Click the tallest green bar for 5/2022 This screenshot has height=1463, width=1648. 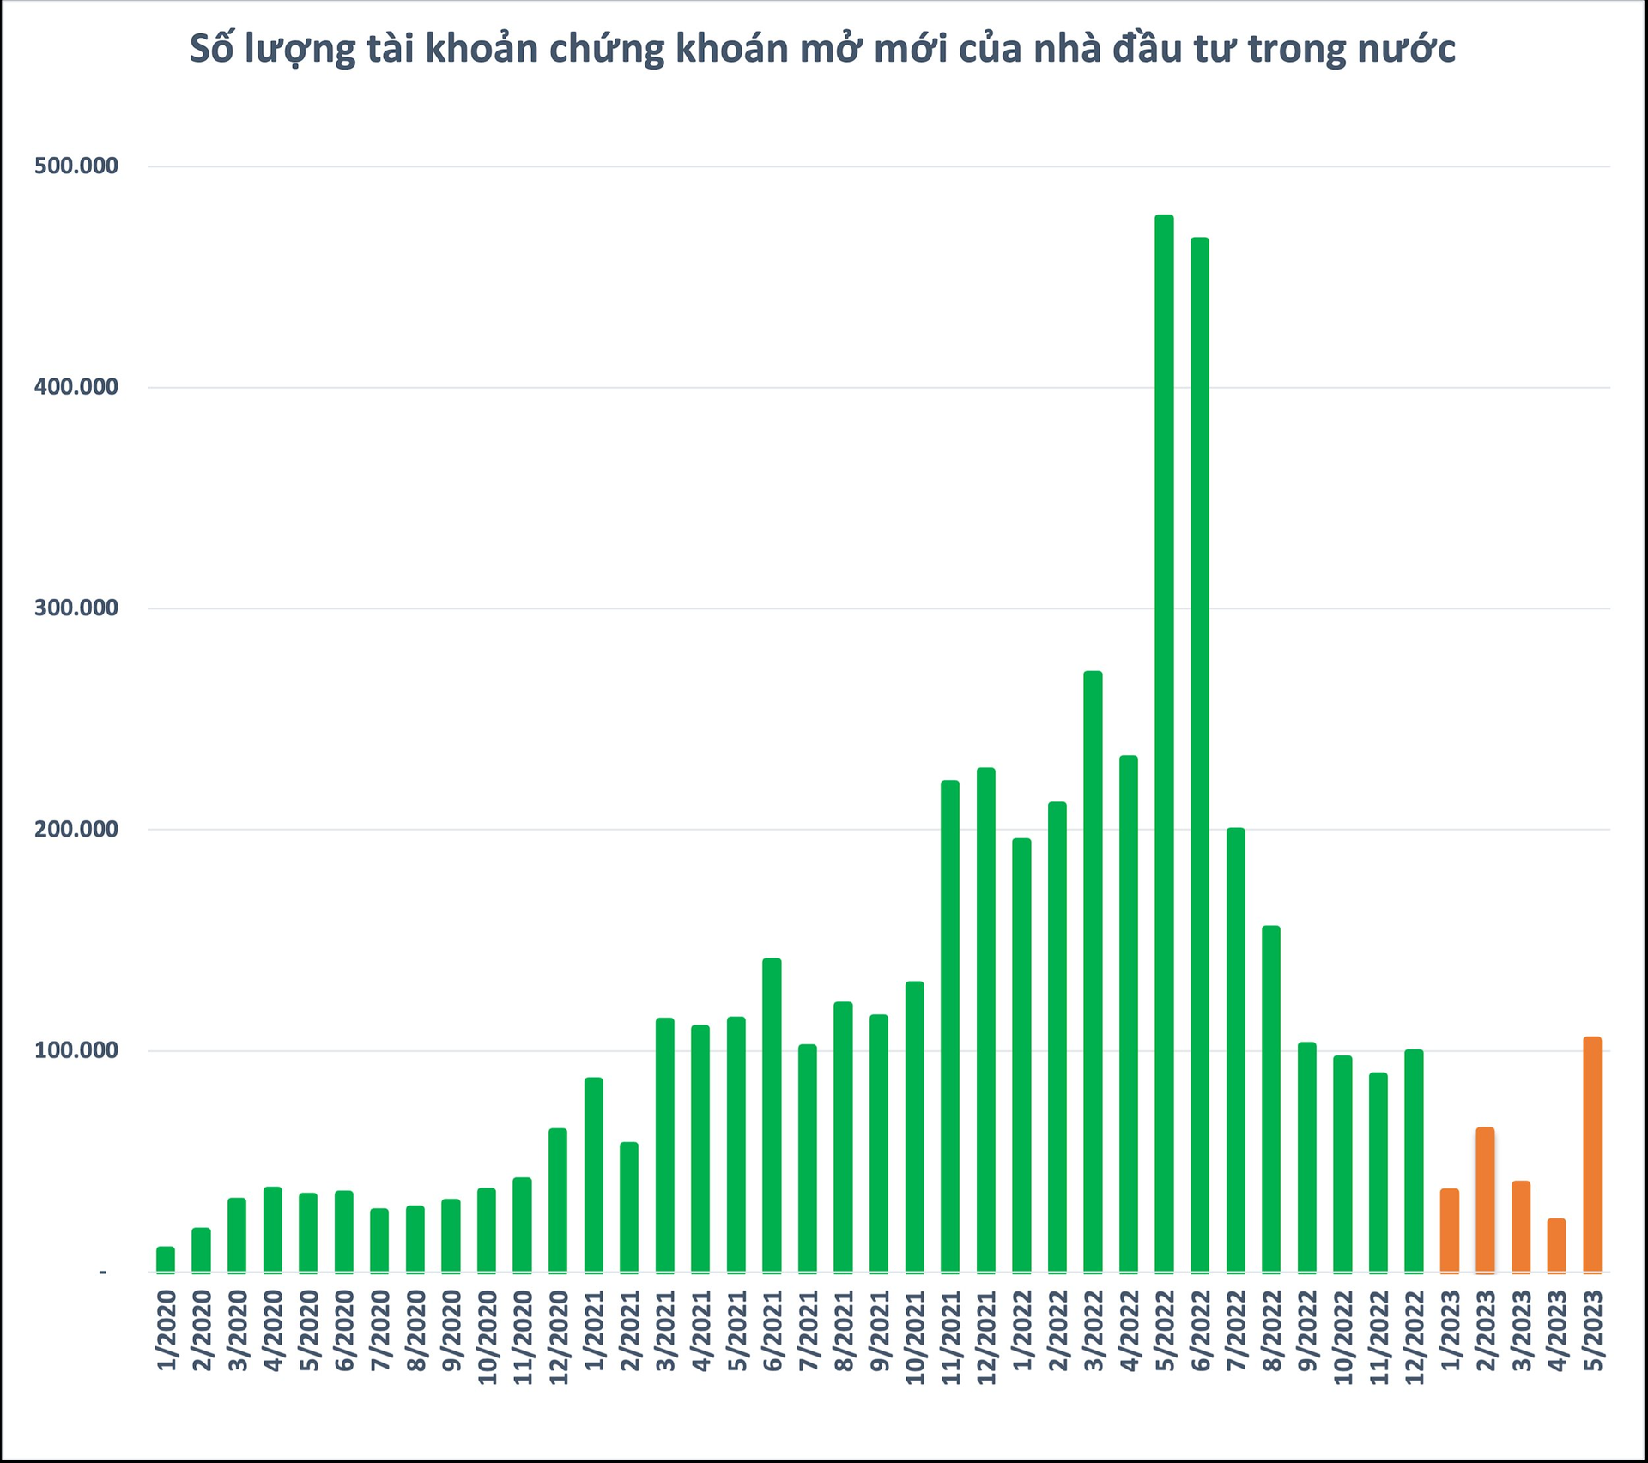pyautogui.click(x=1164, y=743)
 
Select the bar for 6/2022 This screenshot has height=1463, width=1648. pyautogui.click(x=1200, y=754)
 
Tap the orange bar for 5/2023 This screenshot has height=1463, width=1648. pyautogui.click(x=1592, y=1154)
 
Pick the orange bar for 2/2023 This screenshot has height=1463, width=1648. pyautogui.click(x=1485, y=1200)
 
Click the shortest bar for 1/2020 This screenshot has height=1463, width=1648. pyautogui.click(x=166, y=1259)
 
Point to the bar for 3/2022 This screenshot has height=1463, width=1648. pyautogui.click(x=1093, y=971)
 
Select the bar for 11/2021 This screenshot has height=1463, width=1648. pyautogui.click(x=950, y=1026)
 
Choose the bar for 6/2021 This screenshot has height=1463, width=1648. pyautogui.click(x=772, y=1115)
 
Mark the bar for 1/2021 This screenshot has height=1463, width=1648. pyautogui.click(x=593, y=1175)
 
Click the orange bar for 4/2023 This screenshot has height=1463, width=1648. pyautogui.click(x=1556, y=1245)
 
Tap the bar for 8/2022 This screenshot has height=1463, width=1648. pyautogui.click(x=1271, y=1098)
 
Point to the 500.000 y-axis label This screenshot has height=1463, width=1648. pyautogui.click(x=76, y=166)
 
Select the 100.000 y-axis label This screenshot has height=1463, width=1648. pyautogui.click(x=76, y=1050)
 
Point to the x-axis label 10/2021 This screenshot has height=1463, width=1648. pyautogui.click(x=916, y=1338)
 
